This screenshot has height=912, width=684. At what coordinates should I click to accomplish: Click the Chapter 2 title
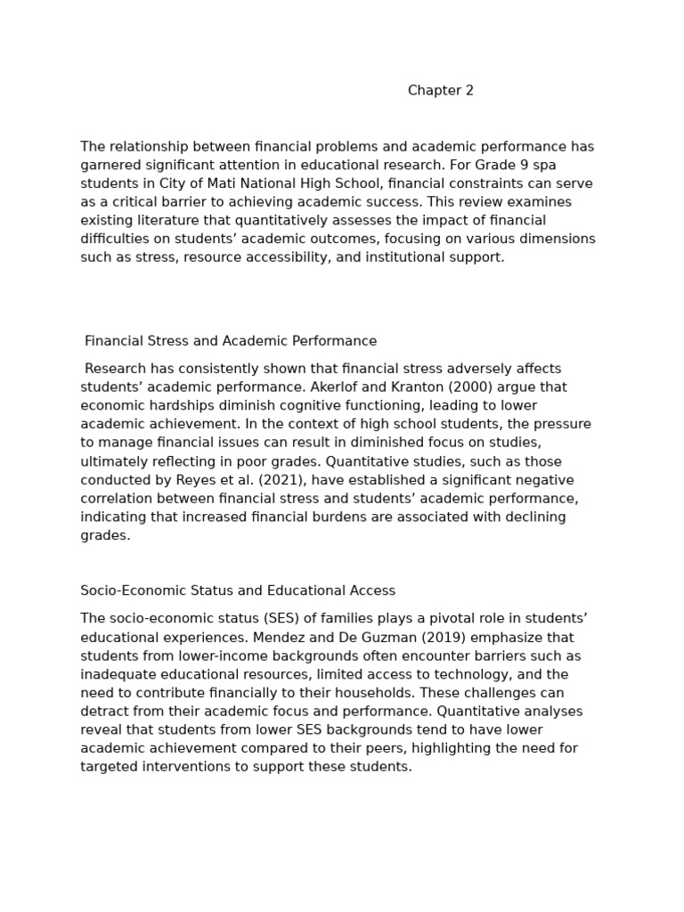pos(441,91)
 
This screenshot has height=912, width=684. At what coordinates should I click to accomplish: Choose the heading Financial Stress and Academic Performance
pos(231,341)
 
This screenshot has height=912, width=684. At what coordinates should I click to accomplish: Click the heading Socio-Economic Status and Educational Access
pos(238,590)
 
